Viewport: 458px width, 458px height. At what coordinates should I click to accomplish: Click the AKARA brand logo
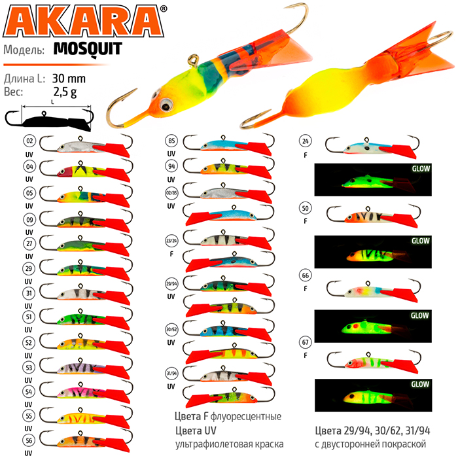coord(84,21)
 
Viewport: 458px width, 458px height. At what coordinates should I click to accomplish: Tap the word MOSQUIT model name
coord(88,49)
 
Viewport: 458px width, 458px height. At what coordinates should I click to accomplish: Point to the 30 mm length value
coord(69,79)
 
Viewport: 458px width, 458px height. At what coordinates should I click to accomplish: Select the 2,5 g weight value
coord(65,92)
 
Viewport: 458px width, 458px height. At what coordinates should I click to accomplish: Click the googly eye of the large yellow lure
coord(166,103)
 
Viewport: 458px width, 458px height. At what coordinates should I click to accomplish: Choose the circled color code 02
coord(29,141)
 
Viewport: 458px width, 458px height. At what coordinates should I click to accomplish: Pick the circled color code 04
coord(29,167)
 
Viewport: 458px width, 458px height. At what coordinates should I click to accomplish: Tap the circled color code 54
coord(29,392)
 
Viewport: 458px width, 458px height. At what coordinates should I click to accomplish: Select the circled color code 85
coord(171,141)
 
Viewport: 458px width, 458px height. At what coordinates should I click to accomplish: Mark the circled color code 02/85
coord(171,193)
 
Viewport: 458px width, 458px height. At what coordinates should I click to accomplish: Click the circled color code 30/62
coord(171,330)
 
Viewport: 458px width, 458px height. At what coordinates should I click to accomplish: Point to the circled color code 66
coord(306,275)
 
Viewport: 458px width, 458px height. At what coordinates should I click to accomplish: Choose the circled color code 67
coord(306,342)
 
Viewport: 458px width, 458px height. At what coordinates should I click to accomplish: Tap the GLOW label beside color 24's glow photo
coord(421,169)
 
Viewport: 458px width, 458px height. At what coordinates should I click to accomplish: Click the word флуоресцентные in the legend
coord(245,417)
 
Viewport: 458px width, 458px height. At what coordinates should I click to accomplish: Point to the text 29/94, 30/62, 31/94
coord(387,431)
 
